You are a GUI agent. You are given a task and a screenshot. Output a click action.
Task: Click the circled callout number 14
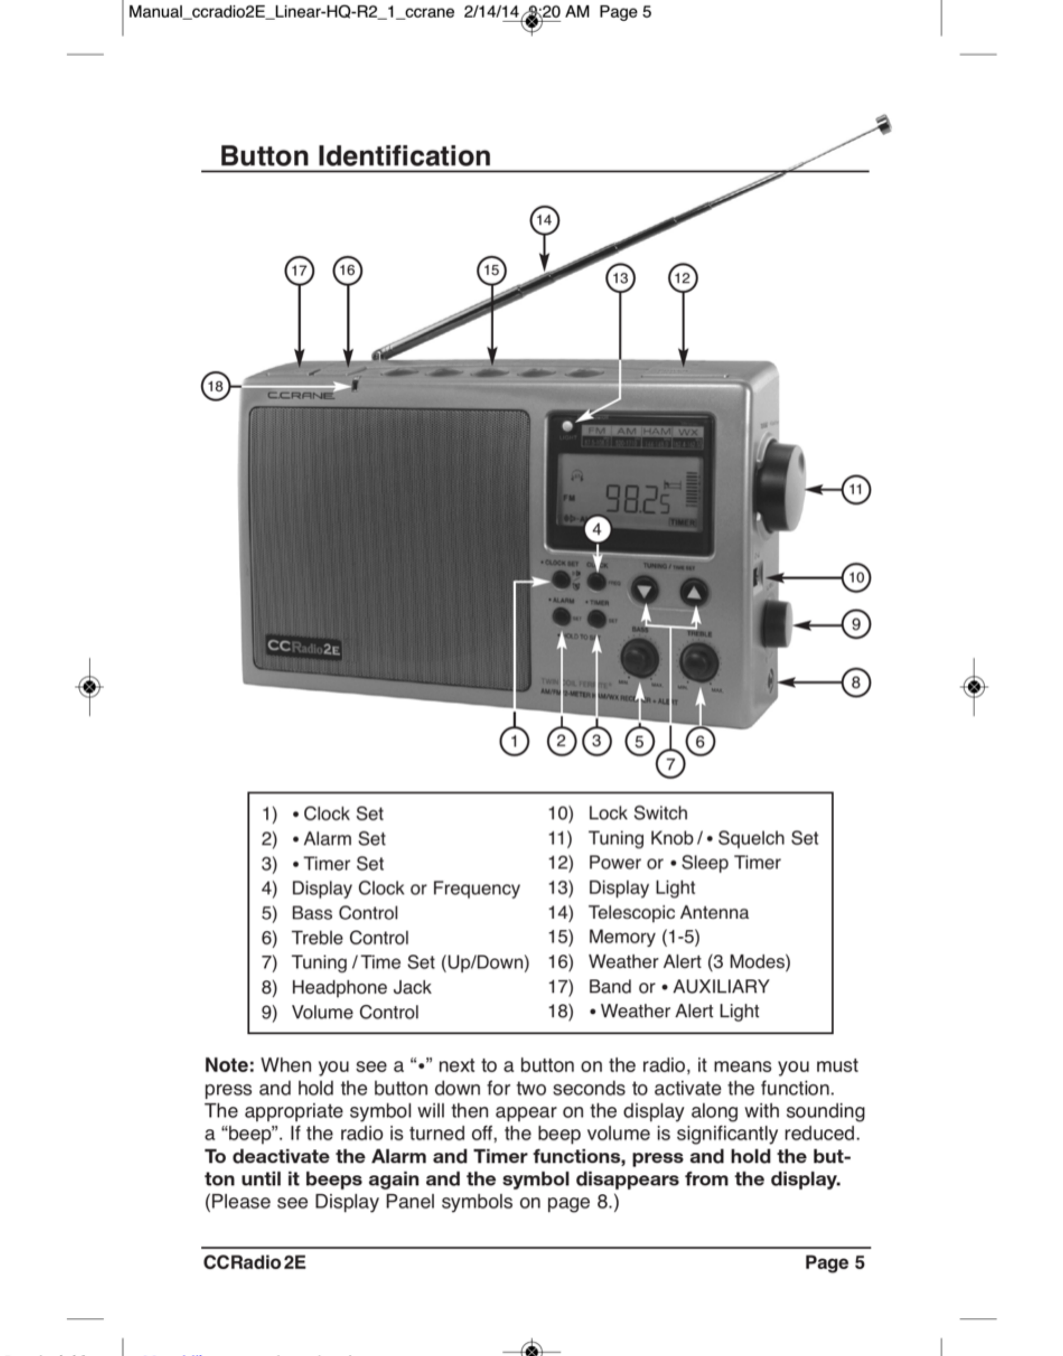tap(544, 220)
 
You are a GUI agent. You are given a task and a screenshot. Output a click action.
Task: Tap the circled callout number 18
tap(215, 386)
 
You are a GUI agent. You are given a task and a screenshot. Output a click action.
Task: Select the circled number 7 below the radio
tap(670, 764)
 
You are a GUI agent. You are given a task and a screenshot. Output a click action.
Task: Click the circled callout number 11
tap(856, 489)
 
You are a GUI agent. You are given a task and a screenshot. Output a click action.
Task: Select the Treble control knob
tap(699, 662)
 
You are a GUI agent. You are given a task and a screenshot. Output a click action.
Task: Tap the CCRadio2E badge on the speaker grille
tap(304, 647)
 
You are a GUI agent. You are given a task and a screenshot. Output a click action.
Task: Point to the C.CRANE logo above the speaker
tap(300, 396)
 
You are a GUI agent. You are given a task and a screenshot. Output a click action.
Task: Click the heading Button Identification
tap(355, 156)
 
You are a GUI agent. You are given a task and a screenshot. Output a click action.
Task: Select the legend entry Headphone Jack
tap(361, 987)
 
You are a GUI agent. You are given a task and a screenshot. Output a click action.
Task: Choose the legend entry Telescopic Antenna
tap(668, 912)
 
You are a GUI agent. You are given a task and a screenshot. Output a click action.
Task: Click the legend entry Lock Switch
tap(638, 813)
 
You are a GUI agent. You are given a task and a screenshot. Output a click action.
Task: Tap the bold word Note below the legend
tap(229, 1065)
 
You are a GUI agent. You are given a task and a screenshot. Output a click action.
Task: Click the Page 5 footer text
tap(834, 1262)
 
